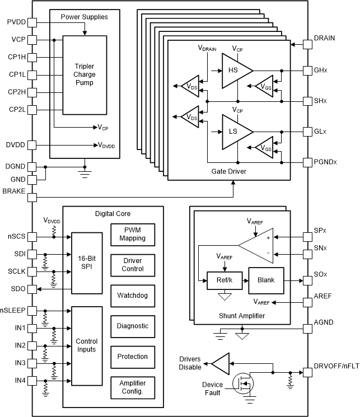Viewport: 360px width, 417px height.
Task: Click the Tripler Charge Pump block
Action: pyautogui.click(x=83, y=75)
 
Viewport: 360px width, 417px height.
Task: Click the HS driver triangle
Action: pyautogui.click(x=235, y=71)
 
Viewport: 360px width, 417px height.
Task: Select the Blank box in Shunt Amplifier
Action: pyautogui.click(x=266, y=279)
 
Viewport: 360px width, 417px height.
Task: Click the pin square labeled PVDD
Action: pyautogui.click(x=32, y=22)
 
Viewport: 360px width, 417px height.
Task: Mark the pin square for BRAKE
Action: pyautogui.click(x=32, y=197)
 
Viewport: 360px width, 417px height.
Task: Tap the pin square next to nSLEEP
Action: pyautogui.click(x=32, y=310)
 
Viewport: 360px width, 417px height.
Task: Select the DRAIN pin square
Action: pyautogui.click(x=308, y=43)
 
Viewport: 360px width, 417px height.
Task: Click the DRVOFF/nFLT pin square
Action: pyautogui.click(x=308, y=372)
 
